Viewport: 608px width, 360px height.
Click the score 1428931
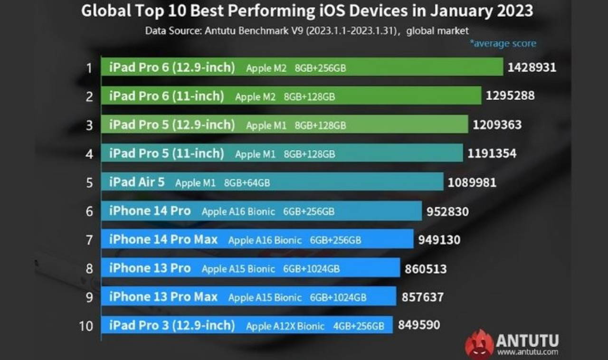(x=532, y=67)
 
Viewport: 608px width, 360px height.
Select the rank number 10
(x=86, y=326)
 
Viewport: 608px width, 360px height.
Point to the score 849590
(x=419, y=325)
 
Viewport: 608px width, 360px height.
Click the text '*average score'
(x=503, y=44)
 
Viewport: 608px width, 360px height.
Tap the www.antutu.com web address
(x=527, y=352)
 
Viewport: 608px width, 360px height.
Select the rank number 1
(x=89, y=68)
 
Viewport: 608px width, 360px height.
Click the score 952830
(x=447, y=211)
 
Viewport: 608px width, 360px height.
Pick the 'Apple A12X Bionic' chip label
(x=285, y=326)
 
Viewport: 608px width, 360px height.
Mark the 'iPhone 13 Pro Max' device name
(x=163, y=297)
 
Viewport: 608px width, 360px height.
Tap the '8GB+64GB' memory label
(x=243, y=183)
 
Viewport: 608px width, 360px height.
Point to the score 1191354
(x=492, y=153)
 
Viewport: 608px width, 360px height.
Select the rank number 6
(x=89, y=211)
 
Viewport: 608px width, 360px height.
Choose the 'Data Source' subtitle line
(x=307, y=31)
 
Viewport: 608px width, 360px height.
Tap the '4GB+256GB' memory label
(x=359, y=326)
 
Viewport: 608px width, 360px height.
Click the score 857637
(x=422, y=297)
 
